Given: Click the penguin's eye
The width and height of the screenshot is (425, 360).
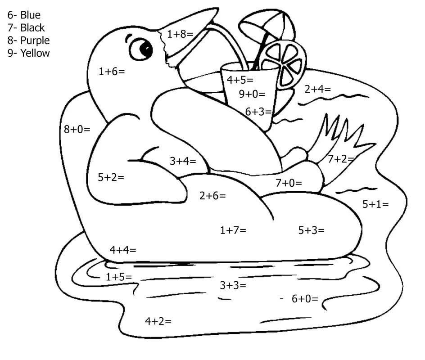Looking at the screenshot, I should tap(143, 48).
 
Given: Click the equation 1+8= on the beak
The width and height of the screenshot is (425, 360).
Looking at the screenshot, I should tap(180, 34).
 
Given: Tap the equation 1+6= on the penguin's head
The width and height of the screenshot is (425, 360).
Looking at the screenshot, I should tap(112, 71).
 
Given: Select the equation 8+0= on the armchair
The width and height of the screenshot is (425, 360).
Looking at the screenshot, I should tap(77, 130).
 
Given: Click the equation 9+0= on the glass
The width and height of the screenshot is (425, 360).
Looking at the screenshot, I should tap(252, 94).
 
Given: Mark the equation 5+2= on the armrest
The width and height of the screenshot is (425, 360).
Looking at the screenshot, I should tap(111, 177).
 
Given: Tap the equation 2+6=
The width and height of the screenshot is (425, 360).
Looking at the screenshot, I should tap(212, 195).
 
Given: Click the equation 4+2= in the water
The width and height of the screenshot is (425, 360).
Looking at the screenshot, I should tap(158, 321).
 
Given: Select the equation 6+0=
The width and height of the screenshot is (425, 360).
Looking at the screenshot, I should tap(305, 298).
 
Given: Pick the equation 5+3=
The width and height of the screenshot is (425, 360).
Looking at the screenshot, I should tap(311, 230).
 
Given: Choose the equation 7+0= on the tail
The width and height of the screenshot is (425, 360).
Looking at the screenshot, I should tap(289, 183).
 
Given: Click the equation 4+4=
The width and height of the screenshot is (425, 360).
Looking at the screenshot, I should tap(122, 249).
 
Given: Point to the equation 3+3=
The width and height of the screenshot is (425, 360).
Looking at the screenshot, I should tap(233, 285).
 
